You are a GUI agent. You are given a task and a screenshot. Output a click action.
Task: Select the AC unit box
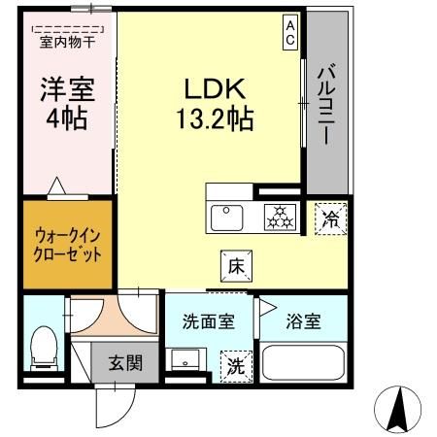[x=289, y=32]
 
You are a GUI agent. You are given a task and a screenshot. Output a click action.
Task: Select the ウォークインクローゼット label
[x=67, y=243]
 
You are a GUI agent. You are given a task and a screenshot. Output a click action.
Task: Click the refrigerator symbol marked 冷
[x=330, y=218]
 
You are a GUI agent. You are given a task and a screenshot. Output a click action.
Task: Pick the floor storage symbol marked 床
[x=236, y=264]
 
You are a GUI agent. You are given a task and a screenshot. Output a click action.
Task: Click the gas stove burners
[x=280, y=217]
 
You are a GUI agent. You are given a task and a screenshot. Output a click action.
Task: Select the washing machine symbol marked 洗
[x=236, y=366]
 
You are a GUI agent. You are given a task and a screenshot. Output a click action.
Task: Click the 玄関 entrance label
[x=124, y=364]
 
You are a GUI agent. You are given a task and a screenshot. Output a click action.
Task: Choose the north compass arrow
[x=398, y=408]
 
